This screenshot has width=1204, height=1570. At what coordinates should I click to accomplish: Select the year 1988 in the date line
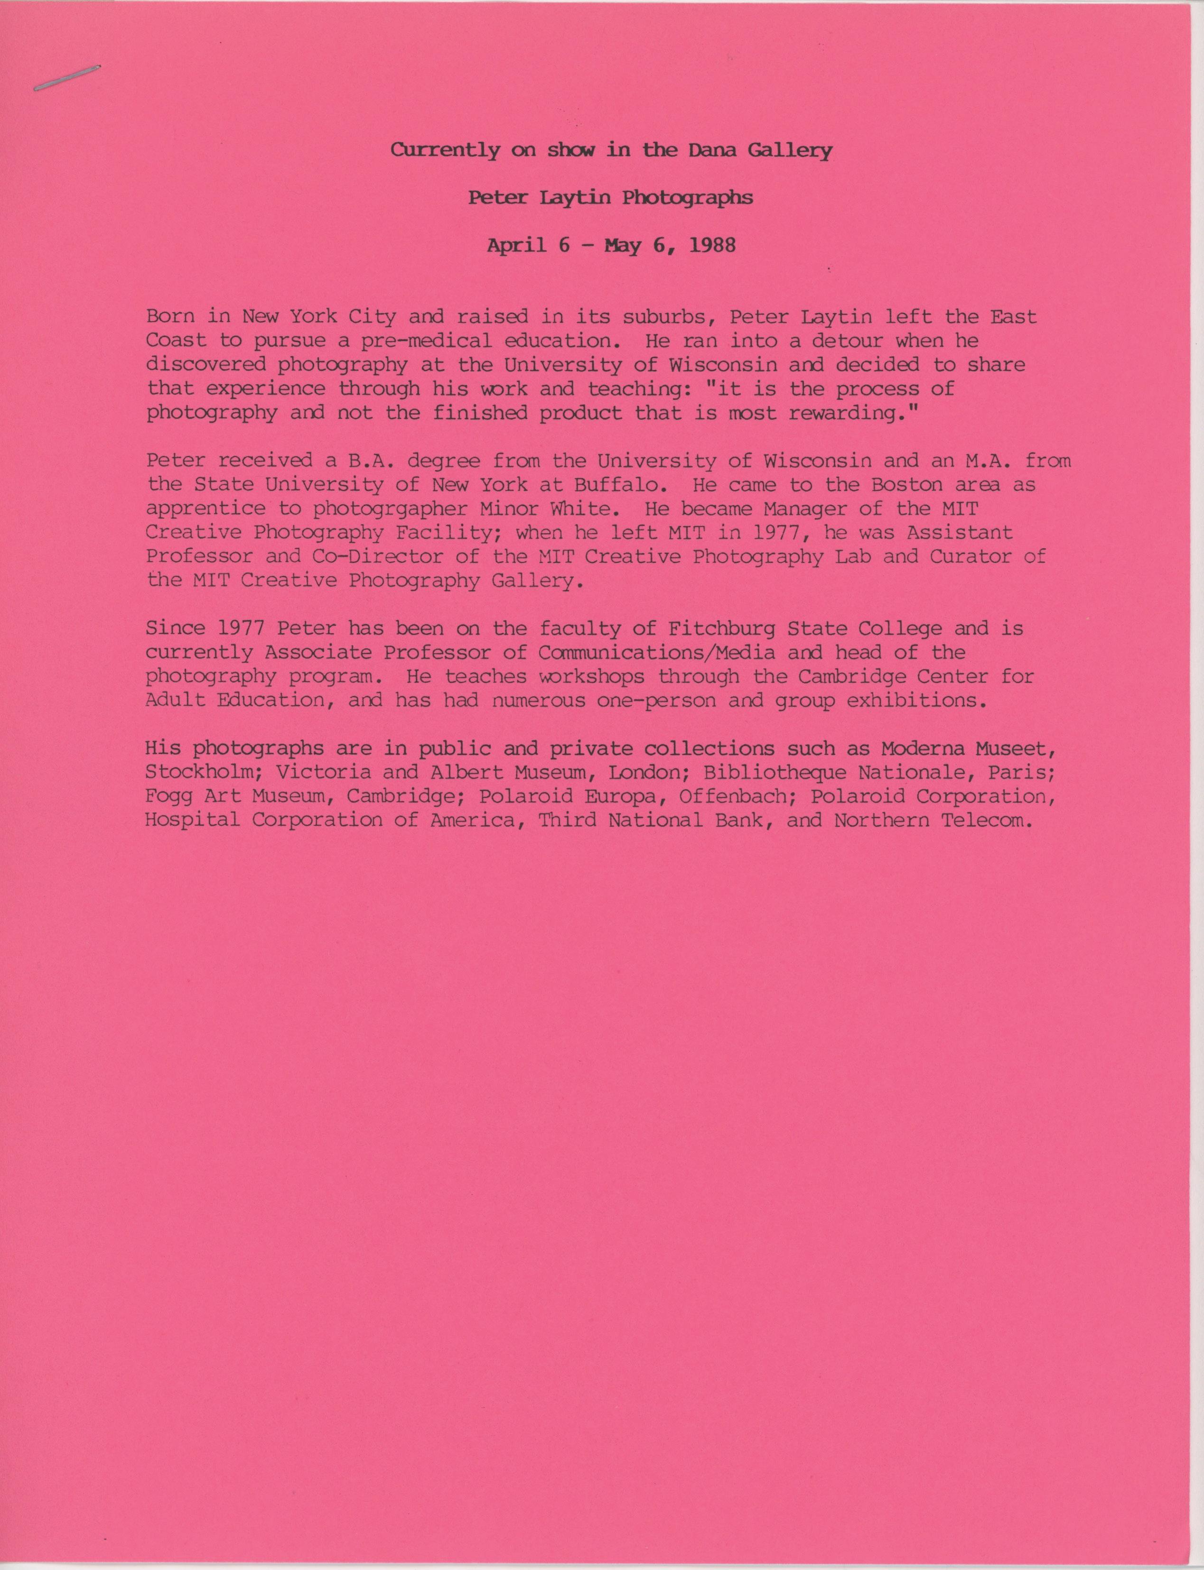tap(712, 246)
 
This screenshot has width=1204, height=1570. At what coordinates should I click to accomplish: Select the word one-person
tap(656, 701)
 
